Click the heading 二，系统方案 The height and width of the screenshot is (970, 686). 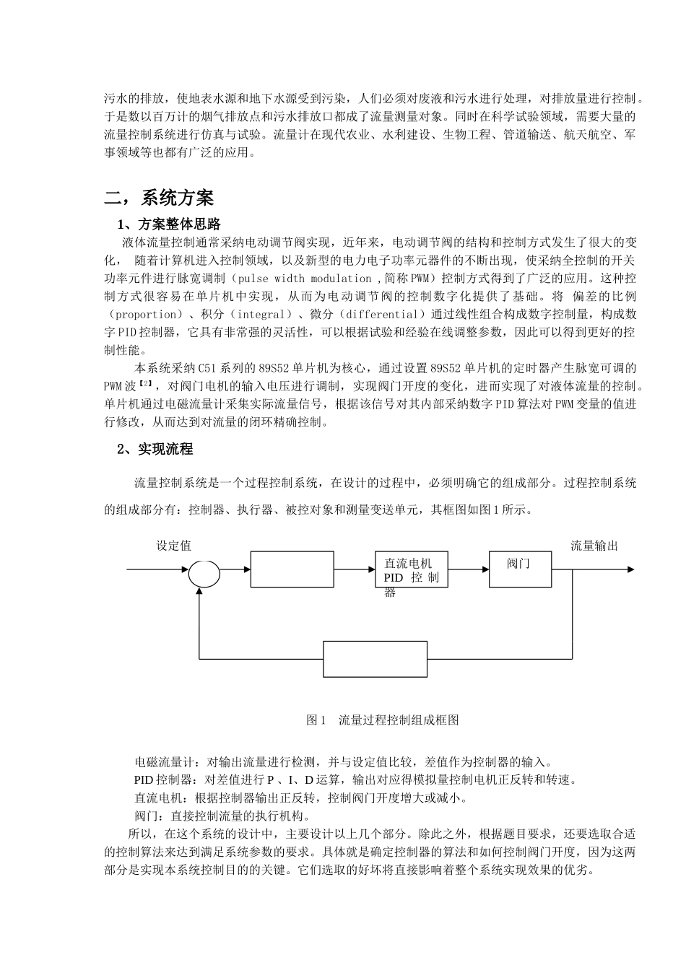coord(159,198)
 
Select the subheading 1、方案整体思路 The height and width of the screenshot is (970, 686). coord(169,224)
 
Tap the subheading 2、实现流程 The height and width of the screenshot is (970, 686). coord(155,449)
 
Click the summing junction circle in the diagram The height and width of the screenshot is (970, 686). coord(204,574)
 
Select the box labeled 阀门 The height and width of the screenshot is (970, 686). coord(521,569)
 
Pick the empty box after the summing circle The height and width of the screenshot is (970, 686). coord(292,569)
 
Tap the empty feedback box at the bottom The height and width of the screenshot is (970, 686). coord(374,659)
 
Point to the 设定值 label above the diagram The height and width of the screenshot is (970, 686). coord(174,546)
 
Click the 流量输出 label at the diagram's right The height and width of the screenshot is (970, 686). coord(594,546)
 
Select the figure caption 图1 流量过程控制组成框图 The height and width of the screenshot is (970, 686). coord(383,720)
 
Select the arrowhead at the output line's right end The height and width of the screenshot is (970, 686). coord(630,569)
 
